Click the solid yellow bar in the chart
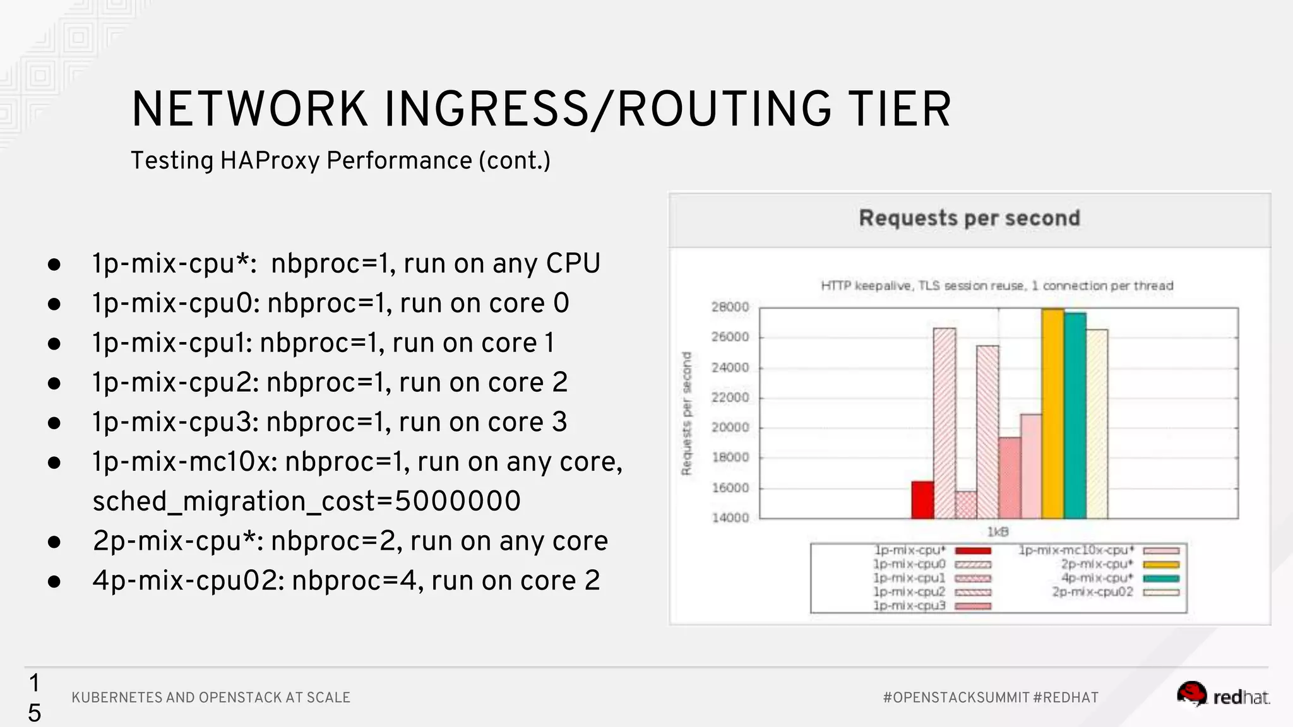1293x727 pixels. [x=1052, y=413]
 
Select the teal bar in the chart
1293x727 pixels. [x=1075, y=415]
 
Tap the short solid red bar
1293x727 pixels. [x=922, y=500]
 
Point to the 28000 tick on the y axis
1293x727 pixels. [x=730, y=307]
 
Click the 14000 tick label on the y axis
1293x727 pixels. [x=730, y=518]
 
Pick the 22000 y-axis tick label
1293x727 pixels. [x=730, y=398]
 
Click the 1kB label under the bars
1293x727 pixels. [x=998, y=532]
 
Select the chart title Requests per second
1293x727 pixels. [x=969, y=218]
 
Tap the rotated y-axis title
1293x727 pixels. [x=687, y=413]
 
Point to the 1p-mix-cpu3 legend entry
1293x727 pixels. [x=909, y=606]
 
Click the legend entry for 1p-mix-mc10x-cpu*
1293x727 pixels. [x=1076, y=550]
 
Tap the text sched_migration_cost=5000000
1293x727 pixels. [x=306, y=502]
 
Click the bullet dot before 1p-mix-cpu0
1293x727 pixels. [x=54, y=304]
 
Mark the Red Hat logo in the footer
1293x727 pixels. [x=1223, y=695]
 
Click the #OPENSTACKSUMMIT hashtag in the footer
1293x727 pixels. [x=956, y=697]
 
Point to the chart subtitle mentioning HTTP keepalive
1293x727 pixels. [x=997, y=286]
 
